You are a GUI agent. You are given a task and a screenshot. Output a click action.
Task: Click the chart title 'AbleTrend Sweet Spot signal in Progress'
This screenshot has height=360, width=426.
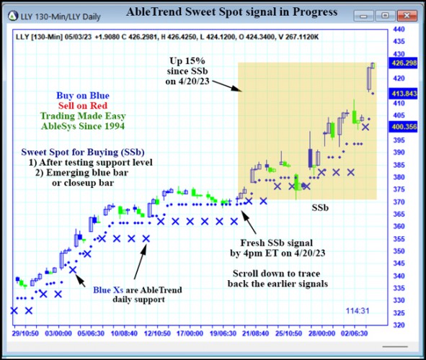click(x=231, y=12)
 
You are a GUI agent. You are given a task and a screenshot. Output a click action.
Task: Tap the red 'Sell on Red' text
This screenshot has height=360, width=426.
click(x=84, y=105)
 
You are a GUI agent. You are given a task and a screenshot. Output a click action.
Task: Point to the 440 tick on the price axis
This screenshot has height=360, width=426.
click(x=396, y=30)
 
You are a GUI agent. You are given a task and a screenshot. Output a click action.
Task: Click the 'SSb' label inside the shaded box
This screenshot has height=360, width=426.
click(x=320, y=207)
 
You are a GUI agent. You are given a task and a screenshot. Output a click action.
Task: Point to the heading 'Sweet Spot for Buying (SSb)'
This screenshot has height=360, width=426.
click(x=82, y=153)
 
